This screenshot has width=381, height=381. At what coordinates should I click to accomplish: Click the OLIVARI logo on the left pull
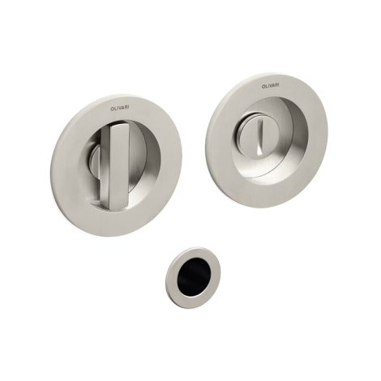(120, 108)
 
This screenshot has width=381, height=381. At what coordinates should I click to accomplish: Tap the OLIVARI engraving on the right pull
(271, 86)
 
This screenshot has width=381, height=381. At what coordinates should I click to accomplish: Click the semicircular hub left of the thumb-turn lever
(95, 162)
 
